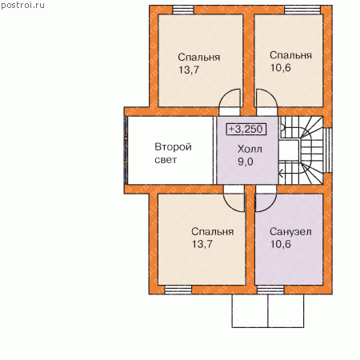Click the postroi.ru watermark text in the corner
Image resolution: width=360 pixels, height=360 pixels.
(x=22, y=6)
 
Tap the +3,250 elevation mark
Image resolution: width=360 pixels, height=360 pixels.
(x=246, y=129)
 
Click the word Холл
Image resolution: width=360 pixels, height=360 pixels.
(x=250, y=149)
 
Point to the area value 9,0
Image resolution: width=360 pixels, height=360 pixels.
(x=246, y=162)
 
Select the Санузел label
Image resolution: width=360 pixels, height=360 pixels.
(x=290, y=231)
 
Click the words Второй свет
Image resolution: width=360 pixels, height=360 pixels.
(x=173, y=153)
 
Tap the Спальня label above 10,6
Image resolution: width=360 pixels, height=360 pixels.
(x=290, y=55)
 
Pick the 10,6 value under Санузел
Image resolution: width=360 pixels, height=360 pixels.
(x=281, y=244)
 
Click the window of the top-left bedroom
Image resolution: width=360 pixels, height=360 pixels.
(x=183, y=10)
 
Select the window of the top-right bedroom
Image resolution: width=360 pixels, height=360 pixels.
(x=302, y=10)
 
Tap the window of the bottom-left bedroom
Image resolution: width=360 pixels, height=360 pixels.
(x=178, y=290)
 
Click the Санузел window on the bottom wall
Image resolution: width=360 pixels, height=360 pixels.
(x=270, y=290)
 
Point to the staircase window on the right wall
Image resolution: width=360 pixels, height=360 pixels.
(x=328, y=150)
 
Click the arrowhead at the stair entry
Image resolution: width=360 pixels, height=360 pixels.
(x=281, y=174)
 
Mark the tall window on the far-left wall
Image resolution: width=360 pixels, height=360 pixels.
(x=126, y=150)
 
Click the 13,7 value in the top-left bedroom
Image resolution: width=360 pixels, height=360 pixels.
(x=189, y=70)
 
